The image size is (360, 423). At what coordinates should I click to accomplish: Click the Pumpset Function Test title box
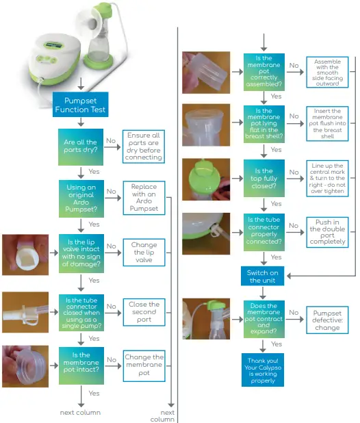click(x=80, y=105)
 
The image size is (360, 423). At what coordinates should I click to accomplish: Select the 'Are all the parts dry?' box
click(x=81, y=147)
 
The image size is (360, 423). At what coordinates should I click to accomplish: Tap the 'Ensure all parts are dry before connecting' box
click(x=144, y=146)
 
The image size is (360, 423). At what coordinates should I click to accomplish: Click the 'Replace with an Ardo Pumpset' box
click(x=144, y=198)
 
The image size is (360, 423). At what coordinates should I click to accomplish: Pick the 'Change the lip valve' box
click(x=144, y=253)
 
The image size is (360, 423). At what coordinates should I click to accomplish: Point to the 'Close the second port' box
click(x=144, y=312)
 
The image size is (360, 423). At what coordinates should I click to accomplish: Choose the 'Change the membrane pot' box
click(x=144, y=366)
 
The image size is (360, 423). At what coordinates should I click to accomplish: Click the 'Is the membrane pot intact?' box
click(x=81, y=366)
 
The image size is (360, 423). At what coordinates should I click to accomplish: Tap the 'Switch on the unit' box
click(x=262, y=277)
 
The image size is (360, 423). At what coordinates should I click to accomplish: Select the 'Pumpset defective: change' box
click(x=327, y=320)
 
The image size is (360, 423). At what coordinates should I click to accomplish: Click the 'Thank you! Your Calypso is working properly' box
click(x=263, y=370)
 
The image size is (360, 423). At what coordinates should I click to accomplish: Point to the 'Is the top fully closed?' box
click(x=264, y=179)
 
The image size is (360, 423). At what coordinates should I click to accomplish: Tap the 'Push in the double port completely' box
click(x=327, y=232)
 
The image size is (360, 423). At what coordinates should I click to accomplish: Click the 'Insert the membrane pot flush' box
click(x=327, y=124)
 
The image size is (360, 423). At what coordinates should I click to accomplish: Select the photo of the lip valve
click(x=25, y=255)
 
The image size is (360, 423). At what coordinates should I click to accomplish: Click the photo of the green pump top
click(x=206, y=179)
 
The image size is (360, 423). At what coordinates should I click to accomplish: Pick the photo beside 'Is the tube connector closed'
click(x=25, y=312)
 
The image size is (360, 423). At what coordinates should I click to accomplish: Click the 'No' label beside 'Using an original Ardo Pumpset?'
click(x=111, y=191)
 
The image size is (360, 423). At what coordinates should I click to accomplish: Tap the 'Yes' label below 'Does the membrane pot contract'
click(x=277, y=344)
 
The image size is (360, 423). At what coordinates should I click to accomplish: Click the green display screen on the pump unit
click(x=53, y=45)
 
